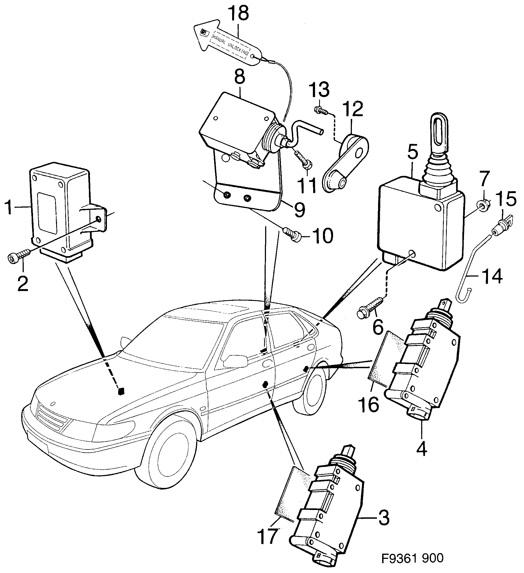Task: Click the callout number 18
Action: pyautogui.click(x=238, y=14)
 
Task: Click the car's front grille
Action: pyautogui.click(x=53, y=420)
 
